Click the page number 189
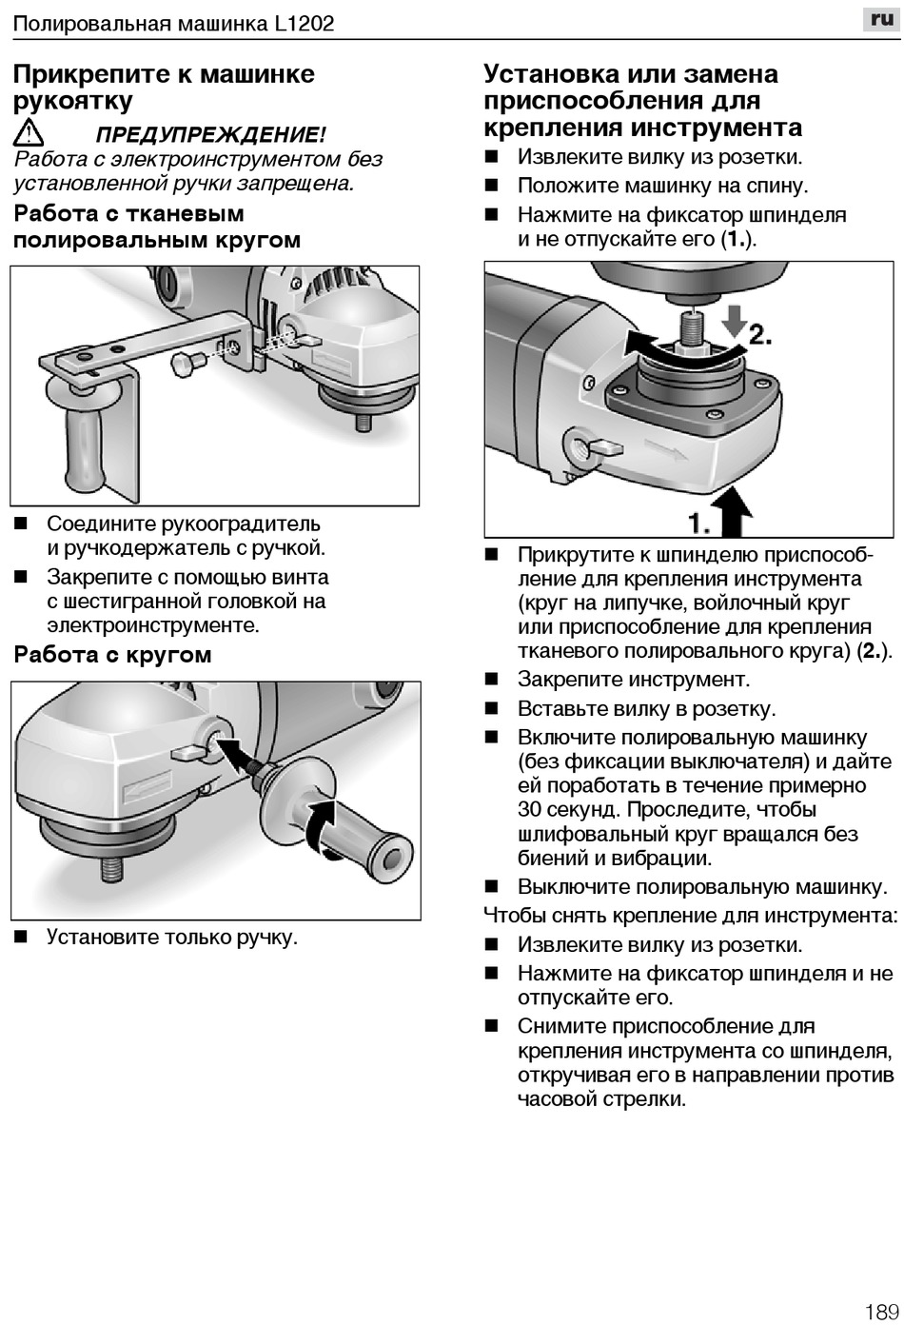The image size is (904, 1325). coord(882,1312)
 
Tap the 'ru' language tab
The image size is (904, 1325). coord(882,18)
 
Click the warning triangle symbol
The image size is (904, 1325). coord(29,133)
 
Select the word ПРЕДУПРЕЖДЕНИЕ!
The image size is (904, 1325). coord(210,134)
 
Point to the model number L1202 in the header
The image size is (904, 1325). coord(305,23)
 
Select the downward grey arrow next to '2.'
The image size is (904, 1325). coord(733,323)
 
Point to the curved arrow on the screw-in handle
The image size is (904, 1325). coord(324,824)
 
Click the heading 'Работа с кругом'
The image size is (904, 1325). coord(112,655)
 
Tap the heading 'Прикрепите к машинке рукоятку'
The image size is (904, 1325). coord(164,88)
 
